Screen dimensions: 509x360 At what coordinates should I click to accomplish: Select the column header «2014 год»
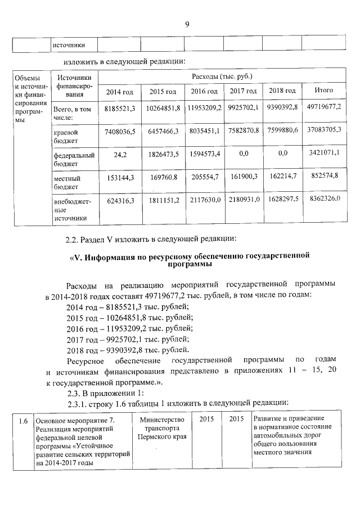click(119, 91)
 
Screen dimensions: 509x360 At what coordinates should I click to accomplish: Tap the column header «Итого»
click(324, 90)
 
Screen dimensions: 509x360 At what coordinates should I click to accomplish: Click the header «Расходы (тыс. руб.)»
click(222, 75)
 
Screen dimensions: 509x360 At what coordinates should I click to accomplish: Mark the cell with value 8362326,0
click(324, 200)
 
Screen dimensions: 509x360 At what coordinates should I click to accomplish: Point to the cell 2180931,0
click(244, 200)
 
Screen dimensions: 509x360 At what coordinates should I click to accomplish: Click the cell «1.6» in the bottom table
click(22, 421)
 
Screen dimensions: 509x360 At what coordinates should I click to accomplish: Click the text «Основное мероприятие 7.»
click(75, 421)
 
